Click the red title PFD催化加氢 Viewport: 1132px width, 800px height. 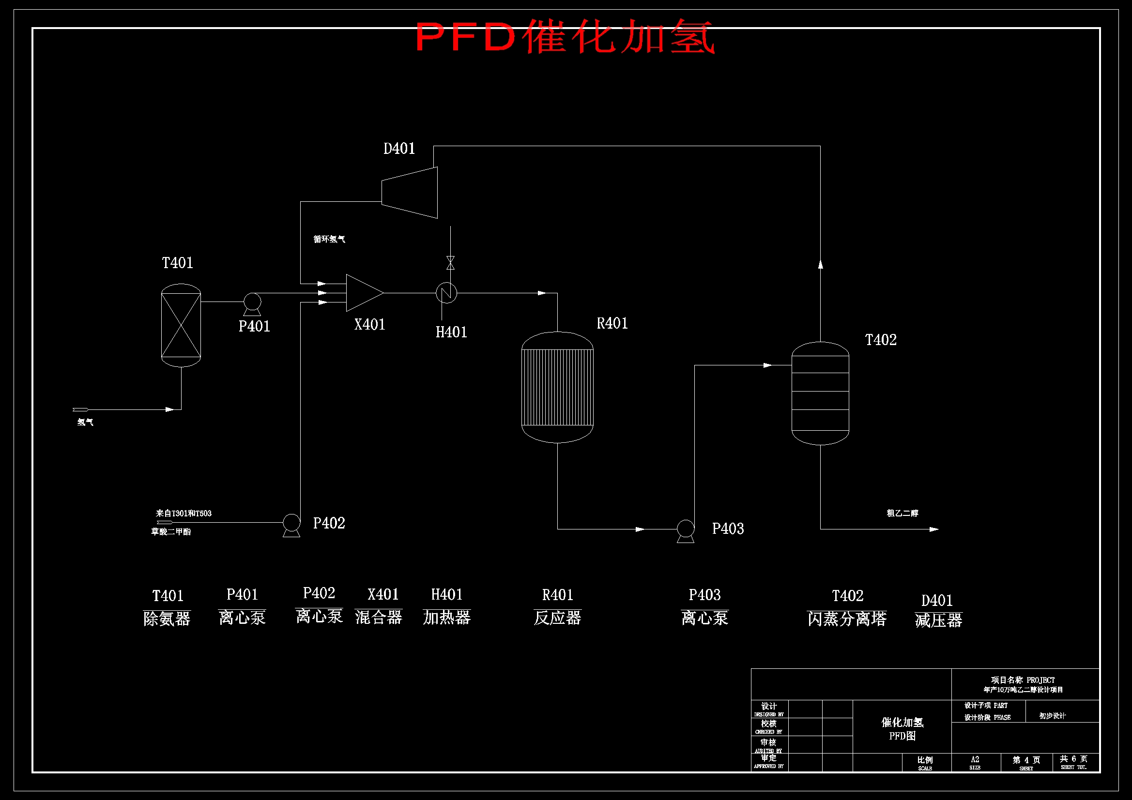[565, 36]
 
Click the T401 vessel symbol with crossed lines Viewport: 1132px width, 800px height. [181, 325]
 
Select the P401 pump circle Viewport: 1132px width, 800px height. [252, 301]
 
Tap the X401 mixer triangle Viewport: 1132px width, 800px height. [363, 293]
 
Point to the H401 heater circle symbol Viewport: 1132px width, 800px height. [446, 293]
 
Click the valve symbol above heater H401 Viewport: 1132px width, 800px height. [450, 263]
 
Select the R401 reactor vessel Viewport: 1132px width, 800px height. [557, 387]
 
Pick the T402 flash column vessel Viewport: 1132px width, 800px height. [820, 393]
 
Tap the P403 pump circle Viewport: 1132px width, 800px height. [685, 528]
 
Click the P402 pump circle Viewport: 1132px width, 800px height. [291, 522]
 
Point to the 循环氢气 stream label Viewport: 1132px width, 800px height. [329, 239]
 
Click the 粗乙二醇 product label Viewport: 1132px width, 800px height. [902, 513]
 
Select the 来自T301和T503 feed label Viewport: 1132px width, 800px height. [184, 513]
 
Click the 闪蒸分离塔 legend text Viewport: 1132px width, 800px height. [846, 619]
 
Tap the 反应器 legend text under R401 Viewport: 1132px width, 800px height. [557, 618]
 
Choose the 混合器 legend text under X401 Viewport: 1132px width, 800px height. [379, 617]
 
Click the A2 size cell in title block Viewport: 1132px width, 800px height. [975, 759]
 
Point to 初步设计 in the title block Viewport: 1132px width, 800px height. [1052, 716]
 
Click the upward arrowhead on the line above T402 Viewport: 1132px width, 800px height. [820, 265]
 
